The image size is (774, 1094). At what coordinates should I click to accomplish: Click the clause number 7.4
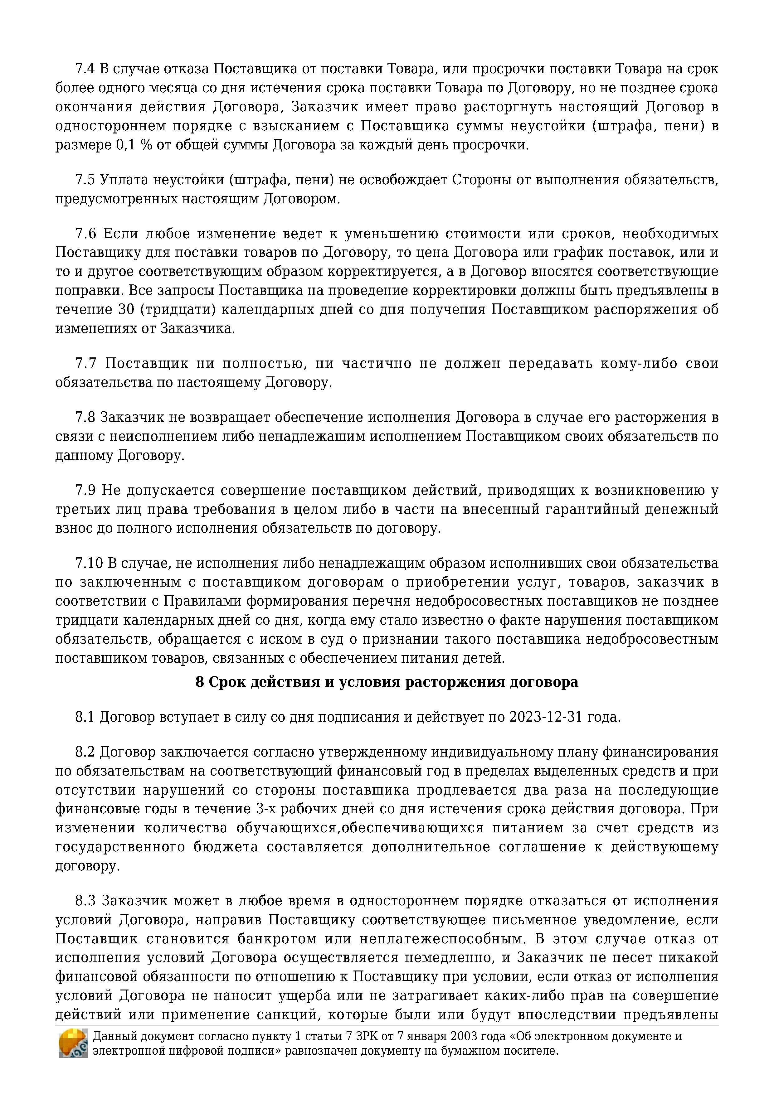(86, 69)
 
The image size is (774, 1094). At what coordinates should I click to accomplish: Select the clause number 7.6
(86, 234)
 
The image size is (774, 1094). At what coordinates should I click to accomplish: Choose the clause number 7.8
(86, 417)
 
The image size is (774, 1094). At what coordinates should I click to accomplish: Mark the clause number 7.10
(89, 563)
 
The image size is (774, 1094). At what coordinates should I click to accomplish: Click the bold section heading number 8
(200, 682)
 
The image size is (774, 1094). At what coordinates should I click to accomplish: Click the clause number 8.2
(86, 753)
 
